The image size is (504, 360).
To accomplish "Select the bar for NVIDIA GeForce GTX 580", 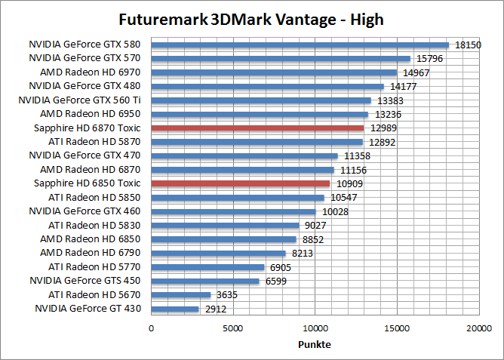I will click(x=300, y=45).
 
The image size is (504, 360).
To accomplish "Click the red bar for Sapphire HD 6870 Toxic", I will click(x=257, y=128).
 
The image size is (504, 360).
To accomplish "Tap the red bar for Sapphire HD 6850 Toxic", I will click(x=241, y=183).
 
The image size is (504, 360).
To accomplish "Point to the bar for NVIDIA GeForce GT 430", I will click(x=175, y=309).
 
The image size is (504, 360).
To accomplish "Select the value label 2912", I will click(x=214, y=309).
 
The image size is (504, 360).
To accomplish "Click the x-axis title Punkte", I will click(x=315, y=344).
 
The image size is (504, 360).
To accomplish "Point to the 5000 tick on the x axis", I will click(x=233, y=328).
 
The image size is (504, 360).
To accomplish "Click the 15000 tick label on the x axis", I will click(x=397, y=328).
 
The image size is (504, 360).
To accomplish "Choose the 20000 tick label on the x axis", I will click(x=478, y=328).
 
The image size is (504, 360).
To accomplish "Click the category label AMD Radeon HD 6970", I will click(x=91, y=72).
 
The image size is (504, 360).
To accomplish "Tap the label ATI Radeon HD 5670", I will click(x=95, y=294).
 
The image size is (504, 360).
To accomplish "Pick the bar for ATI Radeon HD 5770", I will click(x=207, y=267).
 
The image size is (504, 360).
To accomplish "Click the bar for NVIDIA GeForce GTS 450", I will click(x=205, y=281).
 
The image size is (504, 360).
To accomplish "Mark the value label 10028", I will click(x=335, y=211).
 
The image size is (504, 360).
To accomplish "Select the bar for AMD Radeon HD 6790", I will click(x=219, y=253).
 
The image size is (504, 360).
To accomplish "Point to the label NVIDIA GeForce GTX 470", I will click(x=85, y=155).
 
